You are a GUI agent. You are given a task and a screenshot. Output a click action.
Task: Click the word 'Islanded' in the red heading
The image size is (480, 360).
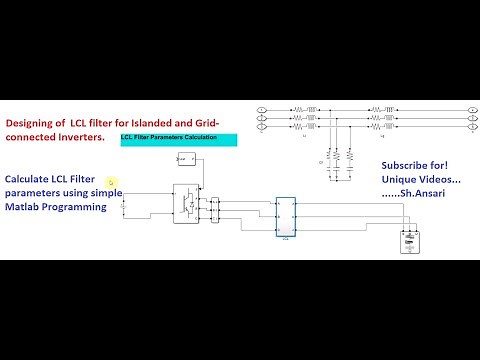tap(162, 124)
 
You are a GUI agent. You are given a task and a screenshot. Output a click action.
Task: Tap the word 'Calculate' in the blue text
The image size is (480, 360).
tap(32, 179)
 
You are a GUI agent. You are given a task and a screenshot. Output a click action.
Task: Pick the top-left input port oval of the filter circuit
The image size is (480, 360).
tap(262, 108)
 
